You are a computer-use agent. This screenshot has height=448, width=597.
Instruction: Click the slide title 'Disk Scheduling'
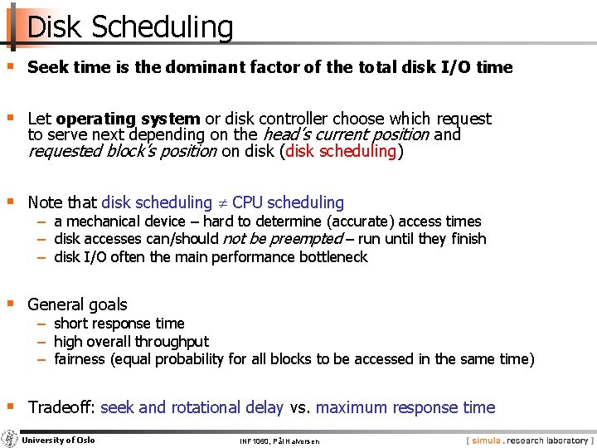(130, 27)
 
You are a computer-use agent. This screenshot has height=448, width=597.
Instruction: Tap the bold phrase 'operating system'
(128, 119)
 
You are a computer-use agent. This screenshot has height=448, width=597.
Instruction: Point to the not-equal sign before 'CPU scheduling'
(222, 202)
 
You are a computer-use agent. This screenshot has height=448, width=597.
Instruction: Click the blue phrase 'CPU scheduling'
(288, 202)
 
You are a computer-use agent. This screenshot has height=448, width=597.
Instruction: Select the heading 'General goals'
(77, 304)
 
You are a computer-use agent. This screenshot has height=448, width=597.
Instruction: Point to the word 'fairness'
(80, 359)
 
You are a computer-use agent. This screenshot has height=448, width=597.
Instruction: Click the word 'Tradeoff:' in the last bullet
(61, 407)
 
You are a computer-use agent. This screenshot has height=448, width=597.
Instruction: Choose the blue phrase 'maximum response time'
(405, 407)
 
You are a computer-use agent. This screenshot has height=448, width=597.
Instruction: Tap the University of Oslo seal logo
(10, 439)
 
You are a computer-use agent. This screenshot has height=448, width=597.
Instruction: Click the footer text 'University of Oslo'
(58, 440)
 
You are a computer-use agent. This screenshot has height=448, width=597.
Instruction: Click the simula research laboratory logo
(530, 440)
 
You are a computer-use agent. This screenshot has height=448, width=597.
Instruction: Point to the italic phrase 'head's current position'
(345, 134)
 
